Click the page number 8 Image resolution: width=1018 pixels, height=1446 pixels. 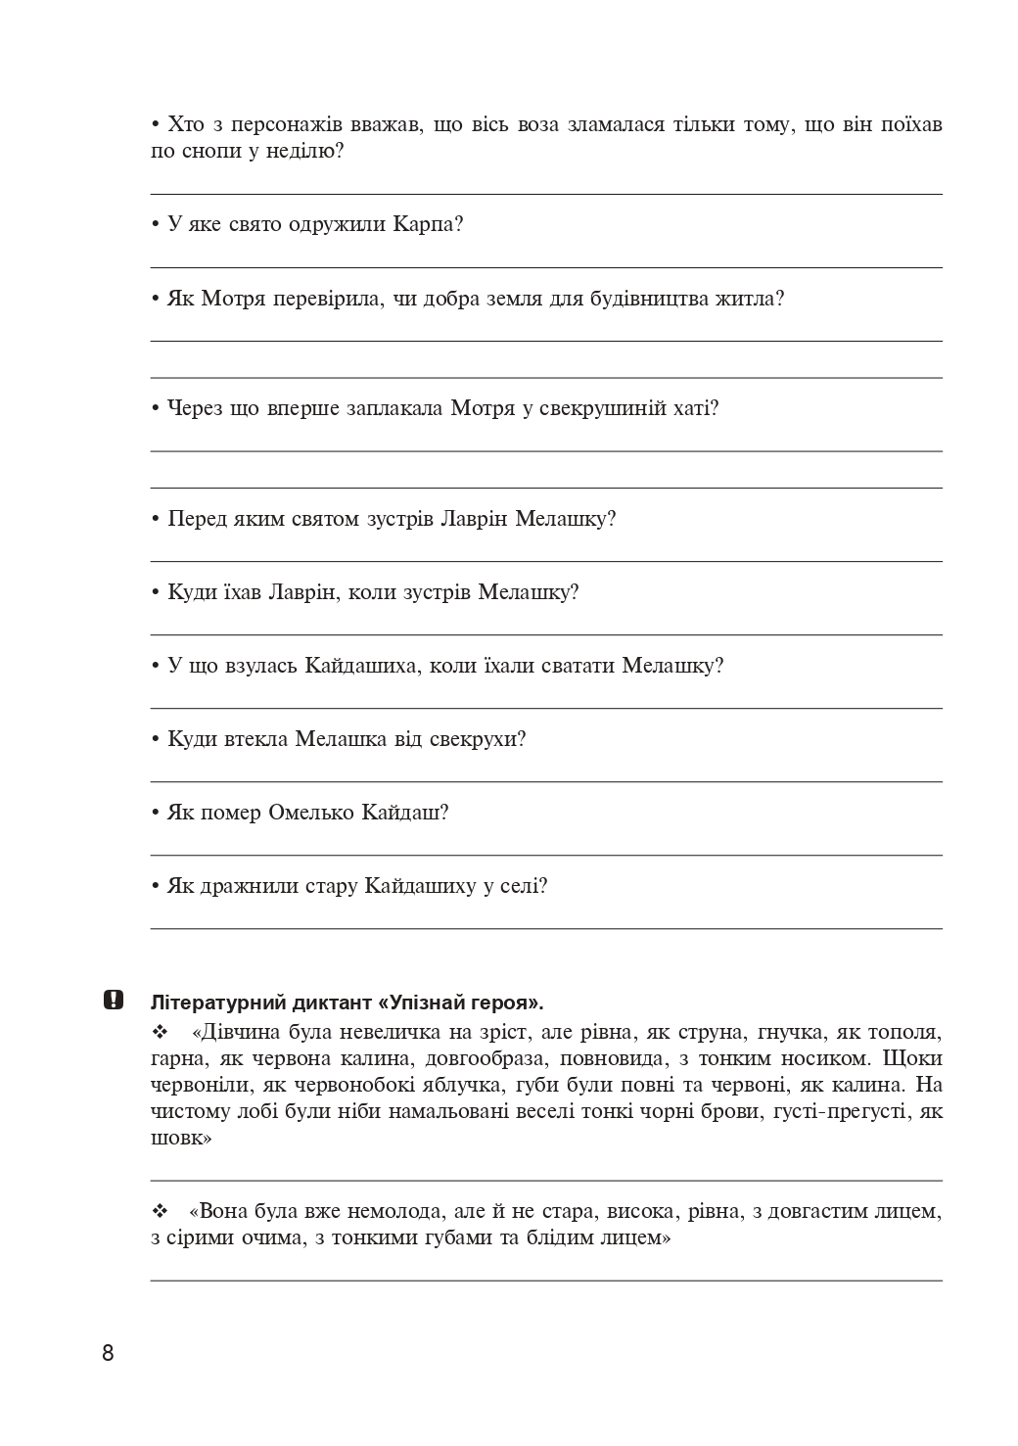point(108,1354)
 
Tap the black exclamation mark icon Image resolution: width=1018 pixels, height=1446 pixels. point(113,1001)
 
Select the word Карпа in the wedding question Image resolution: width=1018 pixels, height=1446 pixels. point(428,224)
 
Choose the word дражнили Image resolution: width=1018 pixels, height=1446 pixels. point(241,886)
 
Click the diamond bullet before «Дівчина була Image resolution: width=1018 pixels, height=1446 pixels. point(161,1032)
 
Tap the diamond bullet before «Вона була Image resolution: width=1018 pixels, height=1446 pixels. point(161,1212)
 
